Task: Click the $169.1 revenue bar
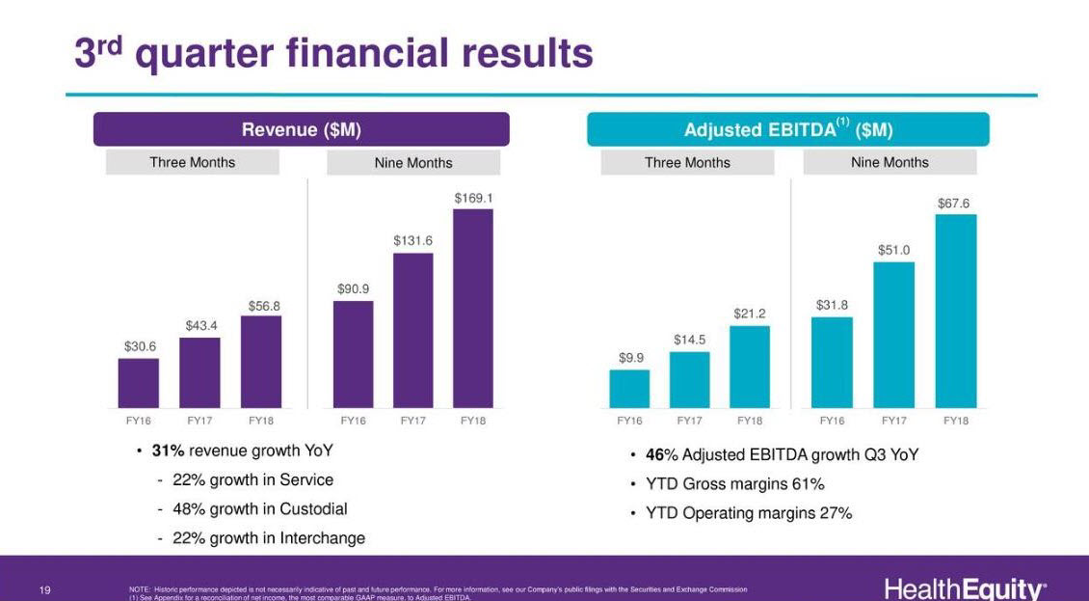pyautogui.click(x=473, y=308)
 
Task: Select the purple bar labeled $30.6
pyautogui.click(x=138, y=383)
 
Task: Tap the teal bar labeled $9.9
pyautogui.click(x=629, y=389)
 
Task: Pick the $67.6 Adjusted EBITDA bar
pyautogui.click(x=955, y=311)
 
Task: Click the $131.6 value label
pyautogui.click(x=412, y=240)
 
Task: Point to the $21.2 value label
pyautogui.click(x=749, y=314)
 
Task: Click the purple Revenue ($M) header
pyautogui.click(x=301, y=129)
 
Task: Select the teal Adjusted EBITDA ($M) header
pyautogui.click(x=787, y=129)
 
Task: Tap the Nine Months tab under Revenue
pyautogui.click(x=413, y=163)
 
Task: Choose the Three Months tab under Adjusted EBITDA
pyautogui.click(x=687, y=163)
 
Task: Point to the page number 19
pyautogui.click(x=45, y=589)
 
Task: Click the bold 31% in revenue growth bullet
pyautogui.click(x=168, y=451)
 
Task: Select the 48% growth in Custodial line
pyautogui.click(x=259, y=508)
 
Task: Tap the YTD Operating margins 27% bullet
pyautogui.click(x=748, y=513)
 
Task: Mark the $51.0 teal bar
pyautogui.click(x=893, y=335)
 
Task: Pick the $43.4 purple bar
pyautogui.click(x=199, y=372)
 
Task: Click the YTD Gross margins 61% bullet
pyautogui.click(x=734, y=484)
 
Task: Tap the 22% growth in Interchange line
pyautogui.click(x=268, y=538)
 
